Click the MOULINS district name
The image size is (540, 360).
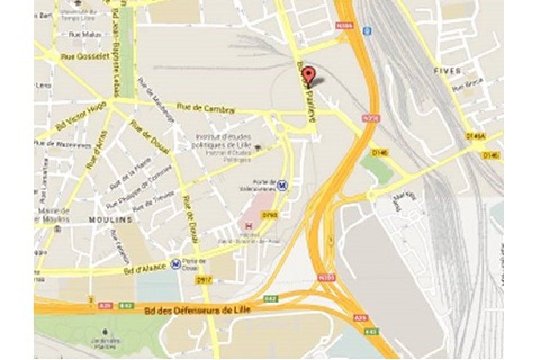114,219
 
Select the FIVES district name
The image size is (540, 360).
448,71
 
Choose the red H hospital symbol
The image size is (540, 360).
249,225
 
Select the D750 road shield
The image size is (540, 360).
270,214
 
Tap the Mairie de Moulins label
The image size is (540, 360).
53,214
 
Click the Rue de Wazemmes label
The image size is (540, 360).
62,145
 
